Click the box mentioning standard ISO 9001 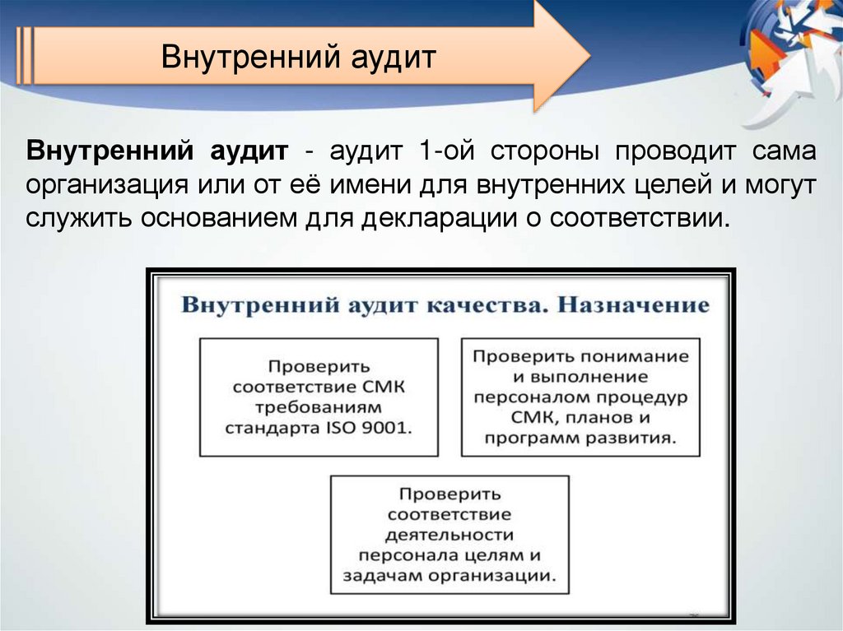[x=319, y=397]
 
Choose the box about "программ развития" [x=580, y=397]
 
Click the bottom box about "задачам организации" [x=449, y=534]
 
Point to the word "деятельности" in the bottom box [x=449, y=535]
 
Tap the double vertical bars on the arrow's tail [x=25, y=56]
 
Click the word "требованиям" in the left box [x=319, y=407]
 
